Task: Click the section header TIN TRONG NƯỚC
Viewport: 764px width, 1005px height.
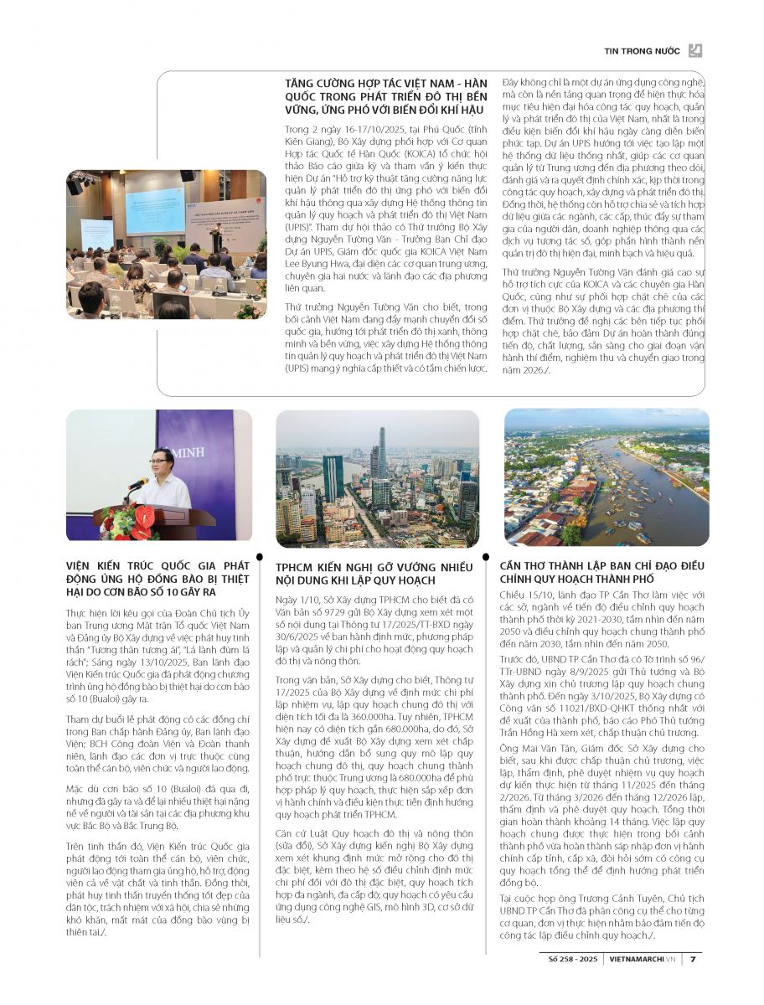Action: point(643,51)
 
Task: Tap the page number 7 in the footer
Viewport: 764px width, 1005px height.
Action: point(694,960)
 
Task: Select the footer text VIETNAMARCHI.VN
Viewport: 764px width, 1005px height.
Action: point(643,960)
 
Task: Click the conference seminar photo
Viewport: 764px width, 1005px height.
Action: point(166,245)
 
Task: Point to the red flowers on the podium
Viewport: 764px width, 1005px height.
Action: point(128,523)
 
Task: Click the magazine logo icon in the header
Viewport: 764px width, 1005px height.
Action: point(694,51)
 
